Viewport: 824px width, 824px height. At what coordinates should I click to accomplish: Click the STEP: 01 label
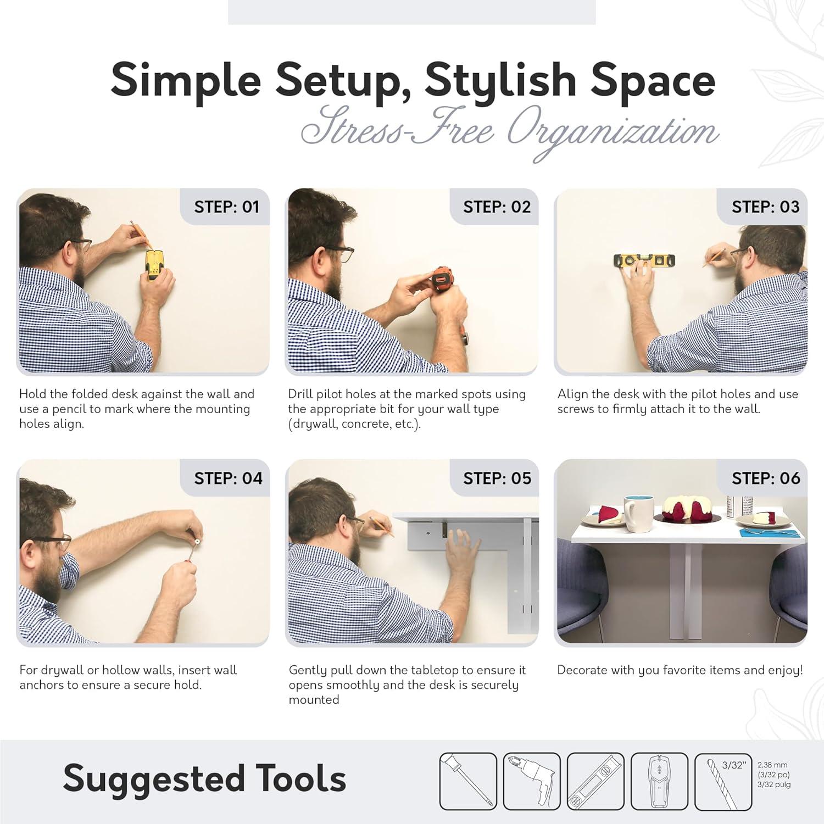[x=226, y=207]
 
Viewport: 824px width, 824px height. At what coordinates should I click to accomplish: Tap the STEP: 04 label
[x=228, y=478]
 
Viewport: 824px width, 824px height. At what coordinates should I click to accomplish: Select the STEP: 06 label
[x=766, y=478]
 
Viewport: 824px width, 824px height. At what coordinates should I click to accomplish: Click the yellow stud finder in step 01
[x=155, y=265]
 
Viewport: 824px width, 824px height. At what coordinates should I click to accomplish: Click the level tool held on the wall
[x=644, y=261]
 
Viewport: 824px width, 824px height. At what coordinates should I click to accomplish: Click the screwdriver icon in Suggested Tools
[x=468, y=782]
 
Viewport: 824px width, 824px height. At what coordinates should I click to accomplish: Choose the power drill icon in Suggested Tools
[x=532, y=782]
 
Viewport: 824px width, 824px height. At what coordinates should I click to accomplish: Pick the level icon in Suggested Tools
[x=595, y=782]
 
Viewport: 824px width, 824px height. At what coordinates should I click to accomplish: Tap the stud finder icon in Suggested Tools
[x=659, y=782]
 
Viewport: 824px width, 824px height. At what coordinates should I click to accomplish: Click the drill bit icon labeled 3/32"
[x=723, y=782]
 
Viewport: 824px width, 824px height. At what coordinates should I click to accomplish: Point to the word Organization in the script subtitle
[x=612, y=133]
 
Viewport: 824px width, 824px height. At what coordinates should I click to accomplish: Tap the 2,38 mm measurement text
[x=772, y=765]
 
